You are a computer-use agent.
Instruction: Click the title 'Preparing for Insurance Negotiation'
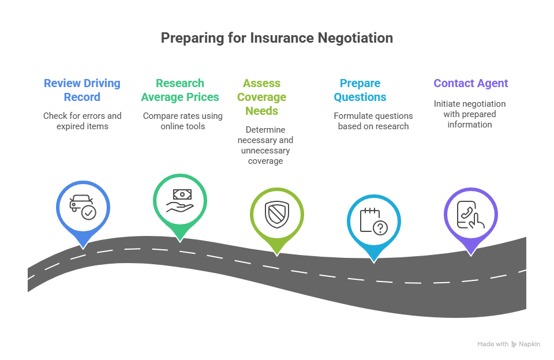[276, 38]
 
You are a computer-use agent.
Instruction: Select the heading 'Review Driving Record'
[82, 90]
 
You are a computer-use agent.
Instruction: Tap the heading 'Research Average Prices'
[180, 90]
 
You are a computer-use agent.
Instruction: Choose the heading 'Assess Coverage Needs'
[261, 97]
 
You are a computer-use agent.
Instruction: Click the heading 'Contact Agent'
[471, 83]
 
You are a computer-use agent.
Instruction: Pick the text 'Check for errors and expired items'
[82, 121]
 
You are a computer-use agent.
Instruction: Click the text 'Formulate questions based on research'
[373, 121]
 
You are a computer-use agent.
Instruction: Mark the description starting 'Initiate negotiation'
[470, 114]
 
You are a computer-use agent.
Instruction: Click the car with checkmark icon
[83, 208]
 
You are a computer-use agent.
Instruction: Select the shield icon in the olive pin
[276, 215]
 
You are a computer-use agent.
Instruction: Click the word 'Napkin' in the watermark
[530, 344]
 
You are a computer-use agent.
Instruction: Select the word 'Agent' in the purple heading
[492, 83]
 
